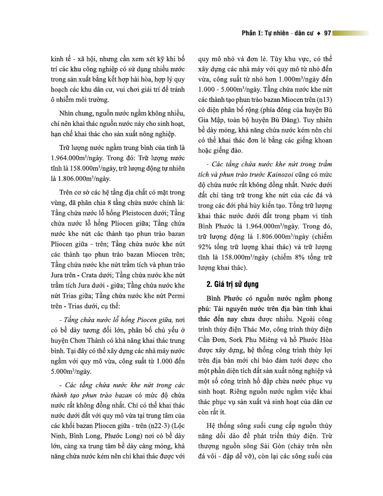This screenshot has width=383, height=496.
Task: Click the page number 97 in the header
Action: [328, 33]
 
